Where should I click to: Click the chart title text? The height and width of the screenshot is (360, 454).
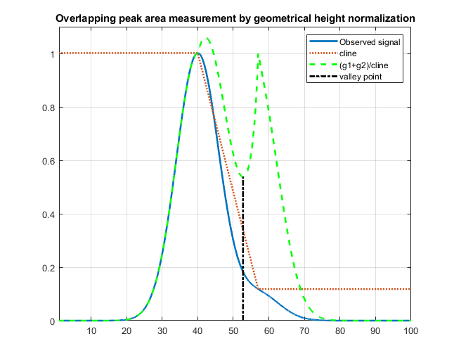pyautogui.click(x=235, y=17)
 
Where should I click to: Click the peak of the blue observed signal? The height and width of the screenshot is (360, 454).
pyautogui.click(x=198, y=53)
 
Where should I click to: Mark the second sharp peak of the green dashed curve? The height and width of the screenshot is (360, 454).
pyautogui.click(x=259, y=54)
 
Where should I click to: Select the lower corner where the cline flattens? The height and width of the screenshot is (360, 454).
pyautogui.click(x=259, y=289)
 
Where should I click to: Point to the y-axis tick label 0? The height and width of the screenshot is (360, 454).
pyautogui.click(x=51, y=321)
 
